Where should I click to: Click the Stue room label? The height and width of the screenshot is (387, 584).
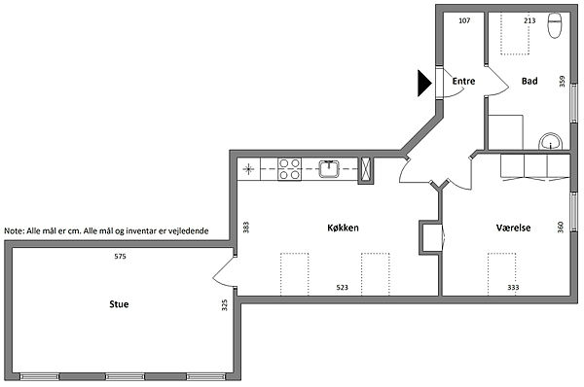[119, 304]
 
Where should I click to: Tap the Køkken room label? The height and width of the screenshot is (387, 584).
[343, 228]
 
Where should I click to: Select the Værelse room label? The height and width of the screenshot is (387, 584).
[513, 228]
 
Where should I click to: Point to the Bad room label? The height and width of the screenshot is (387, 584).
[529, 81]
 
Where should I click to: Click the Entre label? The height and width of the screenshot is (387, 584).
[463, 81]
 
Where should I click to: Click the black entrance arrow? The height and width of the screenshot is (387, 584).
[424, 83]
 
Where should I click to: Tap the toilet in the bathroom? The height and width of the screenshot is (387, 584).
[555, 25]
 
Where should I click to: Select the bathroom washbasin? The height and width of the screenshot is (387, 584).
[551, 141]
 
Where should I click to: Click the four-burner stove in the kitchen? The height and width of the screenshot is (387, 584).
[289, 169]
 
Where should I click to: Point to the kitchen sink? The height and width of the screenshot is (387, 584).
[329, 169]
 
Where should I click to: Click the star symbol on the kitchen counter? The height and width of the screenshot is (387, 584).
[248, 169]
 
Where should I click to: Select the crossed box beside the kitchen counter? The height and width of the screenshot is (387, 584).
[366, 170]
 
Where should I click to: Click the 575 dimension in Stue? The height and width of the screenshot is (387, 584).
[121, 257]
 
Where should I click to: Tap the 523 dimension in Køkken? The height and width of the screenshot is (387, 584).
[342, 287]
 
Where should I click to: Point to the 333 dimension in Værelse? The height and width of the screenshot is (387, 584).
[513, 287]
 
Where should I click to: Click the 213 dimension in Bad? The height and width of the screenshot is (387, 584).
[529, 20]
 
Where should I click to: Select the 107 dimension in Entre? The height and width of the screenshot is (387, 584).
[464, 20]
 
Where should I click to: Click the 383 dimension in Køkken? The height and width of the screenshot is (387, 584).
[246, 228]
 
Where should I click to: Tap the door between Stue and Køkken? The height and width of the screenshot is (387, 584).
[225, 271]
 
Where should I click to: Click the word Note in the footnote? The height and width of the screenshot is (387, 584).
[14, 231]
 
